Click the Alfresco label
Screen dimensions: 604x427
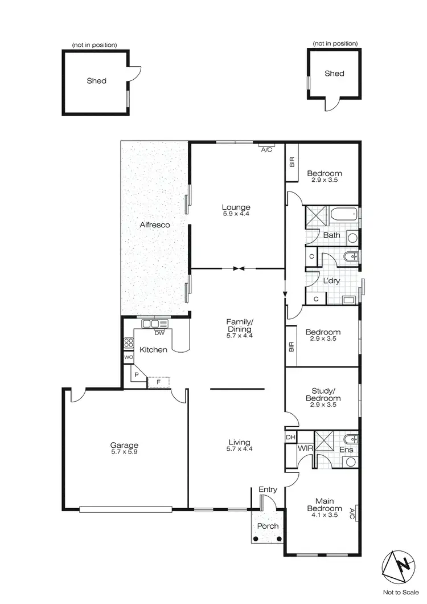tap(155, 225)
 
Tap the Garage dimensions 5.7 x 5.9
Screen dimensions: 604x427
tap(125, 453)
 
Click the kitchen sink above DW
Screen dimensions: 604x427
tap(151, 324)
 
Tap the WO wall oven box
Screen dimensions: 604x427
tap(128, 357)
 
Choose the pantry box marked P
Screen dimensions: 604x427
tap(137, 374)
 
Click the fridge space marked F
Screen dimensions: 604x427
tap(159, 382)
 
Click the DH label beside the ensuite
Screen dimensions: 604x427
tap(290, 437)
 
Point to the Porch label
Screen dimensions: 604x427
tap(268, 526)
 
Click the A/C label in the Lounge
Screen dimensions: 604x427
tap(266, 150)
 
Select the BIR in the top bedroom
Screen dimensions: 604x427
tap(291, 162)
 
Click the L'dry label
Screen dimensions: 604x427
tap(331, 282)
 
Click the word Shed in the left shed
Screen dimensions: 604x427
tap(96, 81)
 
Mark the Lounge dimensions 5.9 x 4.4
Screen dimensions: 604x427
tap(236, 214)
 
